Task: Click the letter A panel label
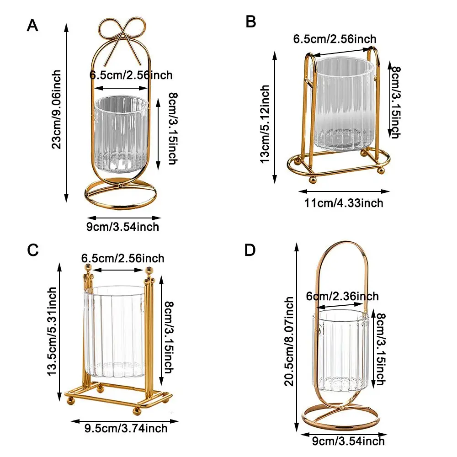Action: [x=32, y=25]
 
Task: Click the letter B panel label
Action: [x=250, y=21]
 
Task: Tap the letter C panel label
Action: [x=32, y=250]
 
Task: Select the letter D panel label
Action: [x=250, y=250]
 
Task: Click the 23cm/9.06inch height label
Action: [x=56, y=110]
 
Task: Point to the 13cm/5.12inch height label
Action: [x=265, y=124]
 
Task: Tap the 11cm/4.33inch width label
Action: [x=344, y=203]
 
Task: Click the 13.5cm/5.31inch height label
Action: [x=52, y=331]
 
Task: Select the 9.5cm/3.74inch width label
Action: [x=126, y=429]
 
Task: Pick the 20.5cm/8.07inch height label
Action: [x=289, y=341]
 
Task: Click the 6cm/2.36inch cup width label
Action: [x=342, y=297]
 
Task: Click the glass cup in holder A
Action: [x=121, y=134]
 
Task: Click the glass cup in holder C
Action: [x=115, y=332]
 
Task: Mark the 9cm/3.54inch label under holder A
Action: [x=122, y=227]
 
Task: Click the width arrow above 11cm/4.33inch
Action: [x=344, y=191]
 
